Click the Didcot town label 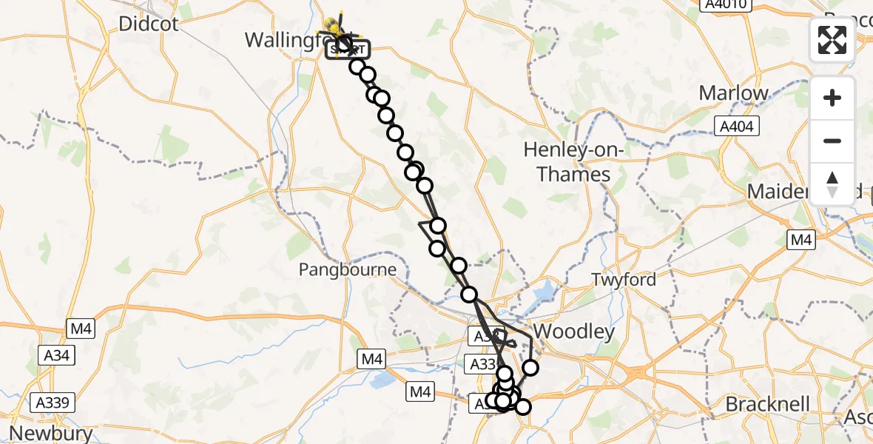click(x=149, y=24)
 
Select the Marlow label click(x=733, y=93)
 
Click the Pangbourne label click(x=347, y=270)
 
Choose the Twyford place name click(x=624, y=280)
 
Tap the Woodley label click(x=574, y=332)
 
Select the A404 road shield click(x=737, y=127)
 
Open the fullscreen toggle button click(x=832, y=39)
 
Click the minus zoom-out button click(x=832, y=141)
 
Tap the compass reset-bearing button click(x=832, y=184)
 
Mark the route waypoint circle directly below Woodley click(x=530, y=367)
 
